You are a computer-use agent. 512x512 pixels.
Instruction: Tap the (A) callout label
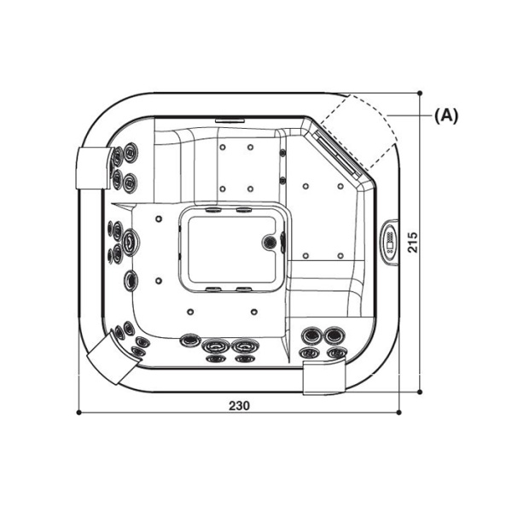(x=446, y=116)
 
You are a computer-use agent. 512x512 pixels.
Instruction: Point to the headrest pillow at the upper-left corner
(x=91, y=167)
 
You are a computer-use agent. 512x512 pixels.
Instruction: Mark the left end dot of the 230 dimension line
(x=79, y=412)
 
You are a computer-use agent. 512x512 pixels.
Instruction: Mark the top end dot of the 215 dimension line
(x=422, y=92)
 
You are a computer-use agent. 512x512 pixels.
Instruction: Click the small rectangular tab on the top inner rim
(x=228, y=120)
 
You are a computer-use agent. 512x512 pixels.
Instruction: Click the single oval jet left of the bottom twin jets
(x=189, y=340)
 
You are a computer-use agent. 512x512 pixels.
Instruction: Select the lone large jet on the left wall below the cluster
(x=131, y=280)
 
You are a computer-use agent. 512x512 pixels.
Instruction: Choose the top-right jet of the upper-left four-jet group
(x=131, y=152)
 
